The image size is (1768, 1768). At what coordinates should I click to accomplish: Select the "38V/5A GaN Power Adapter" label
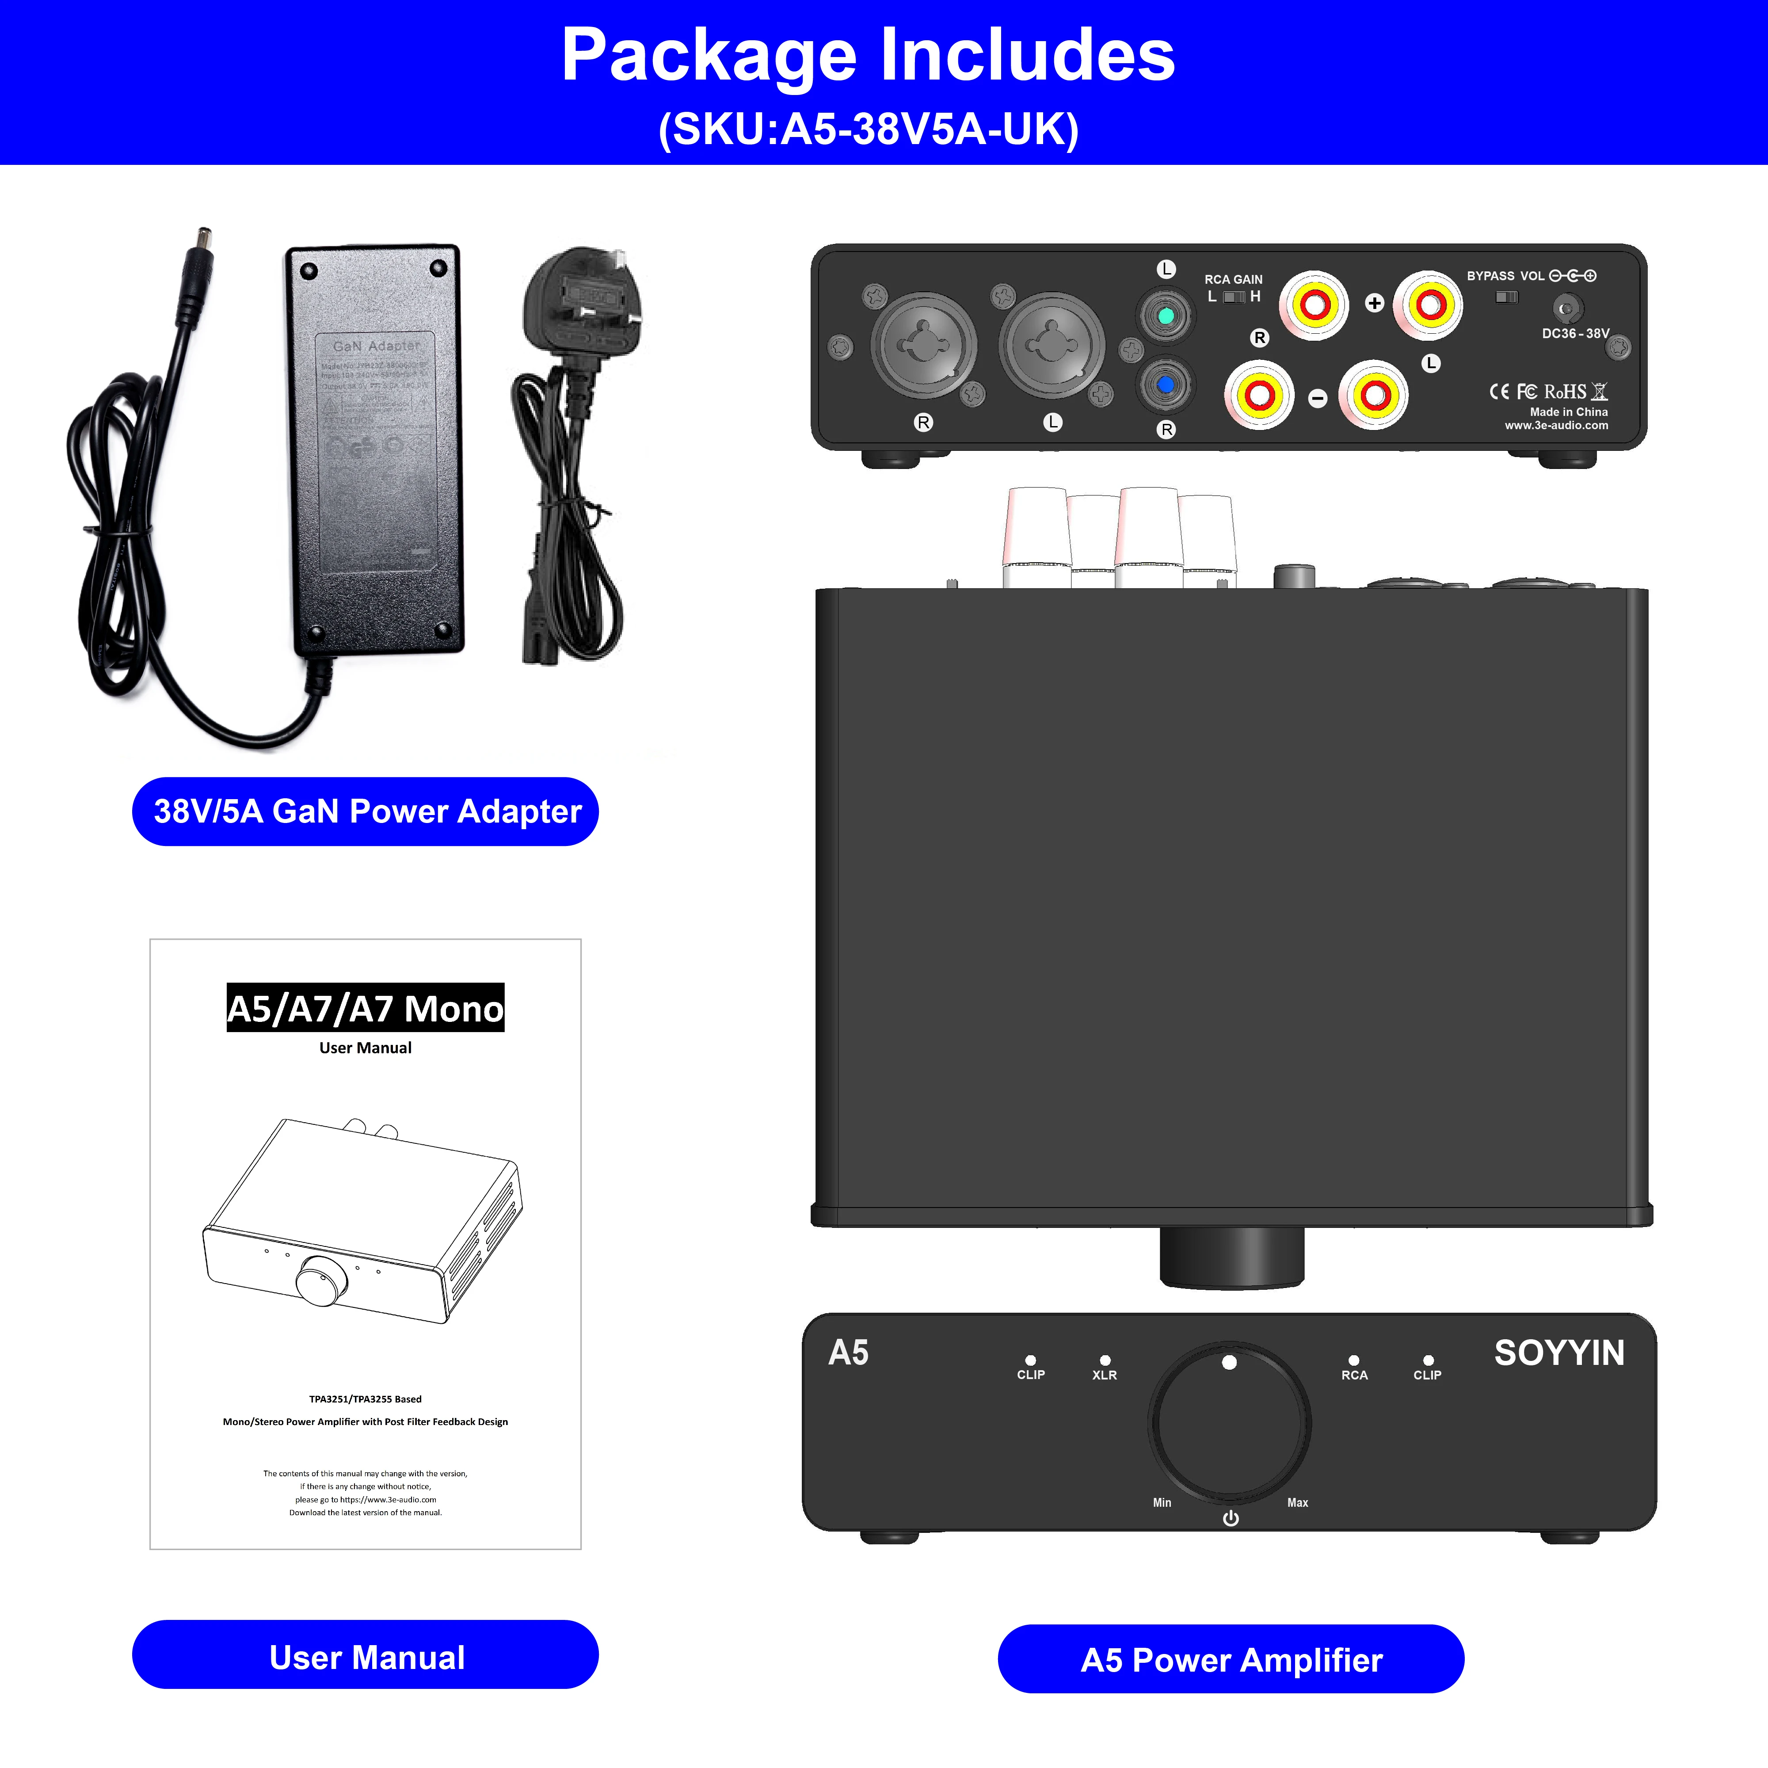366,812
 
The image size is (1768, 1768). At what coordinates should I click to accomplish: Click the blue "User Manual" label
366,1657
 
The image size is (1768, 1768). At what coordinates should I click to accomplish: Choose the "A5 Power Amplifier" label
1231,1660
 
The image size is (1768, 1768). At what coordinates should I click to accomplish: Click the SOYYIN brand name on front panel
1558,1353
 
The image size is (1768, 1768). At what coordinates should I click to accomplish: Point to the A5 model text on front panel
848,1353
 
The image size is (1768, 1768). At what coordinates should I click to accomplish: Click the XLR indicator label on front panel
1105,1375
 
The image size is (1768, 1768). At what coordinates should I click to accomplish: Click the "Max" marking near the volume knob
1298,1503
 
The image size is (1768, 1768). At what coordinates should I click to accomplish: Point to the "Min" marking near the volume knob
1162,1503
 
